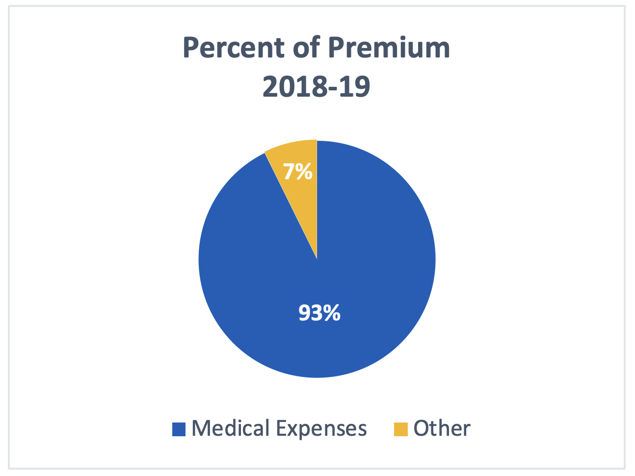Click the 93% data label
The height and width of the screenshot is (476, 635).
click(319, 313)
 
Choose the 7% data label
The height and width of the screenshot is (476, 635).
click(298, 172)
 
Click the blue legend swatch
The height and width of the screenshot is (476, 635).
click(179, 429)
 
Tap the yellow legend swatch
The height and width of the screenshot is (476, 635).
click(401, 429)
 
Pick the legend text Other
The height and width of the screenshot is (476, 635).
click(442, 428)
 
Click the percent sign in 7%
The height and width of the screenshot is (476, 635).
click(304, 172)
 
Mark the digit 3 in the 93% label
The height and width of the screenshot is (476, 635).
click(317, 313)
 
